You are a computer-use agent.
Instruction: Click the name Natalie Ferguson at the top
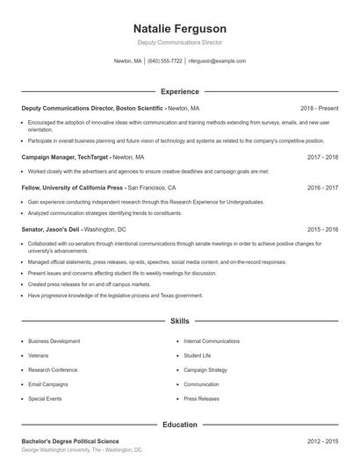click(179, 28)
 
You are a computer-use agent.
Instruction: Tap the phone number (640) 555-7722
click(165, 61)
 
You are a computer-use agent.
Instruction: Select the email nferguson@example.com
click(217, 61)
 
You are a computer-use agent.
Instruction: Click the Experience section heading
click(179, 91)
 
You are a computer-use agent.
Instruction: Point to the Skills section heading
click(179, 321)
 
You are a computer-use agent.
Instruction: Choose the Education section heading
click(179, 425)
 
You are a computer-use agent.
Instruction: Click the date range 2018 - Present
click(319, 107)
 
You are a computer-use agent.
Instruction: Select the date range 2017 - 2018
click(322, 157)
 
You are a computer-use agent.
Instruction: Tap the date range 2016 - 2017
click(322, 188)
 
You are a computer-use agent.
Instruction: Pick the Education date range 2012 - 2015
click(322, 440)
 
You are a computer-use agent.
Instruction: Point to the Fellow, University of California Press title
click(73, 188)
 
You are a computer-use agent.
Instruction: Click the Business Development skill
click(54, 340)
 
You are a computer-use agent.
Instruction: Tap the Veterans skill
click(39, 355)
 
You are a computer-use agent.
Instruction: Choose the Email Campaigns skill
click(47, 384)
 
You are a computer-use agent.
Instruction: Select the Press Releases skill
click(202, 398)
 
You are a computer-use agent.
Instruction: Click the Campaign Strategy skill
click(205, 369)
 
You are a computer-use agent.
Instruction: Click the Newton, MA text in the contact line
click(127, 61)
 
